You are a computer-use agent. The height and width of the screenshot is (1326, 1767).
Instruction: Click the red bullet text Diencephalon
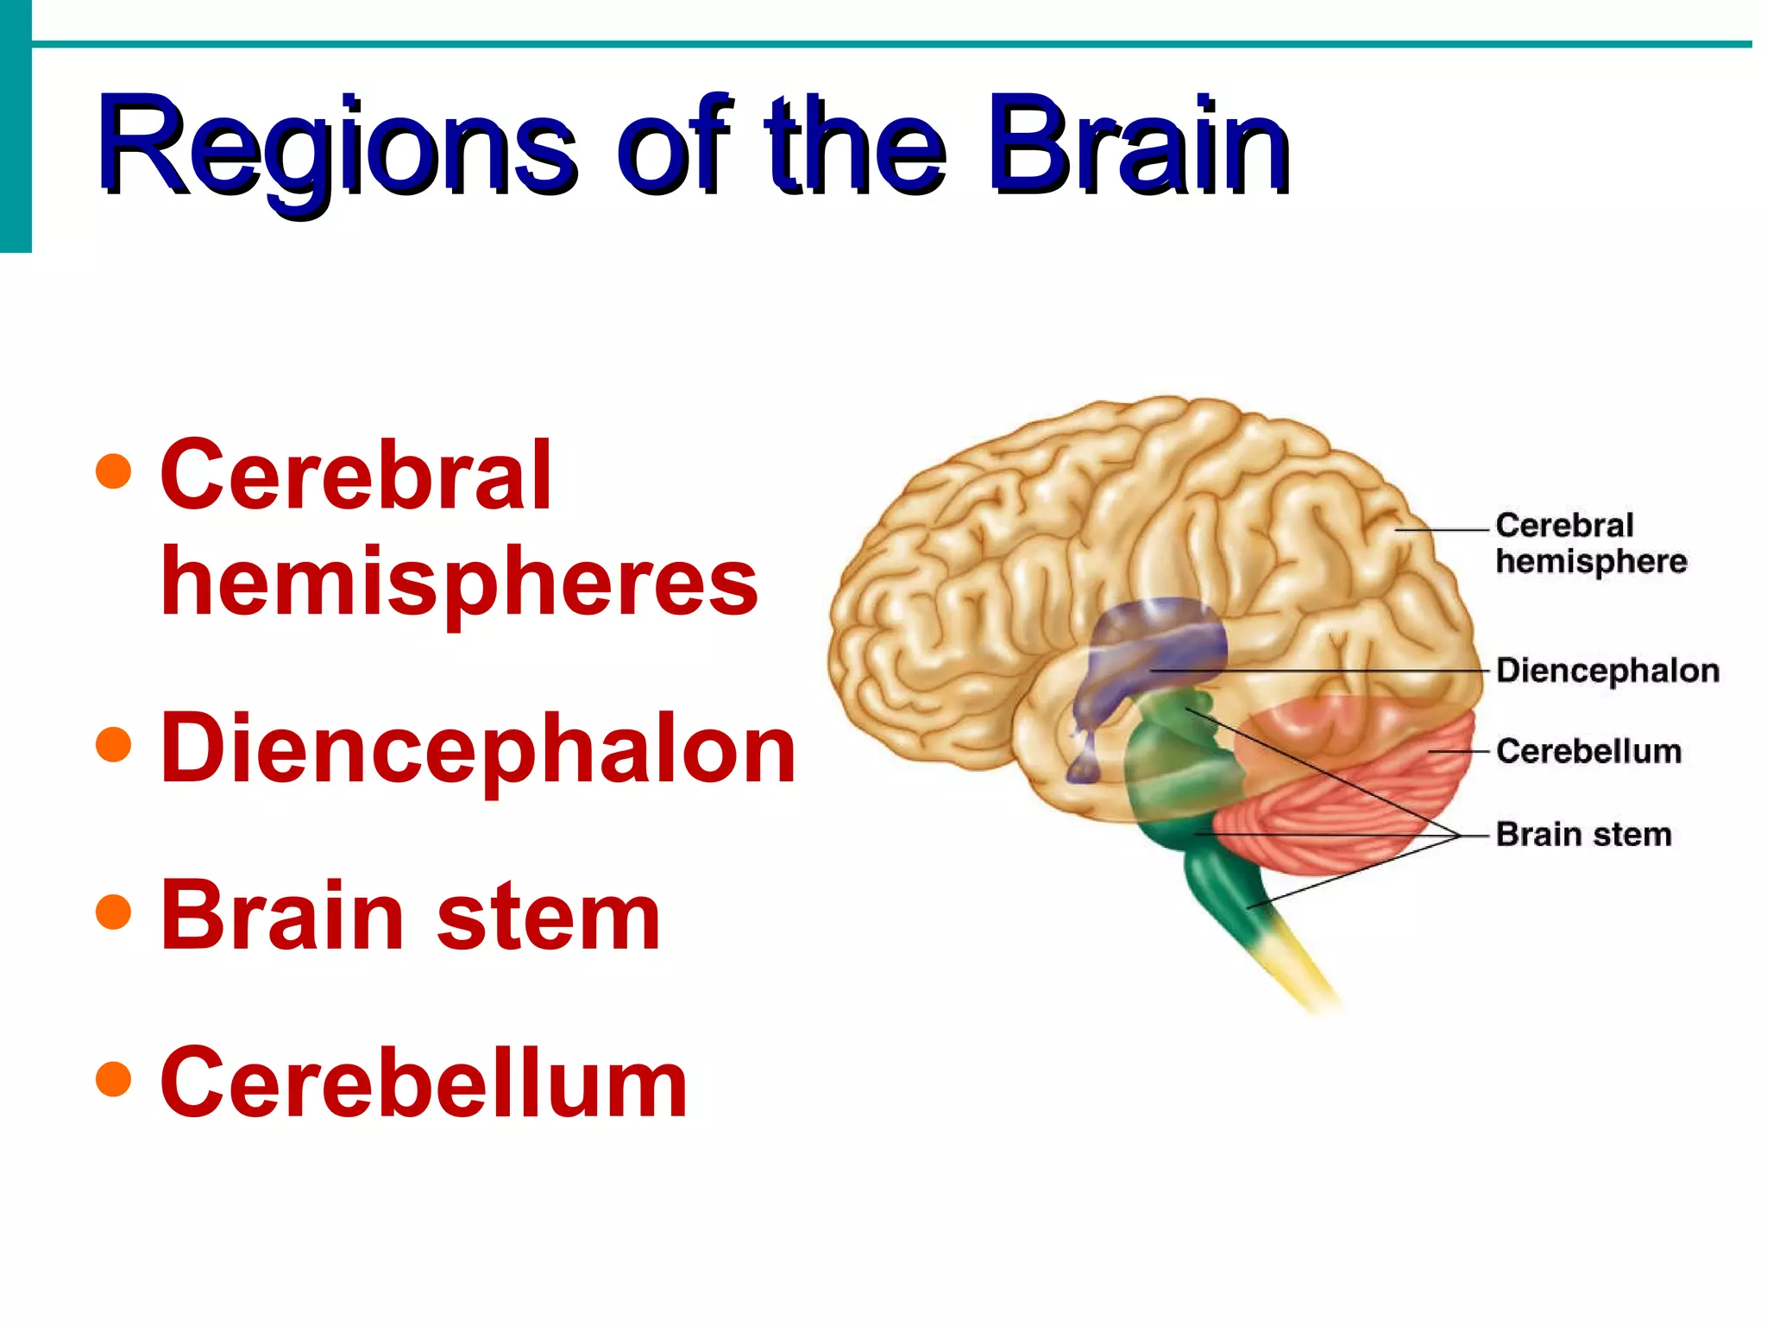(x=478, y=749)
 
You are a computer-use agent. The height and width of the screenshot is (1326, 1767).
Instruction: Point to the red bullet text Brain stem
(x=411, y=915)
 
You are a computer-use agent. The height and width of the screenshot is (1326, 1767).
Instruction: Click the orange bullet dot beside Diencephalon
(x=114, y=744)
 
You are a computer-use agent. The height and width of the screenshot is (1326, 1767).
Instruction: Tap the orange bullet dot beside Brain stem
(x=114, y=912)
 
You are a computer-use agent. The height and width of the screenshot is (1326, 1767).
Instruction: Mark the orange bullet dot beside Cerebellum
(x=114, y=1078)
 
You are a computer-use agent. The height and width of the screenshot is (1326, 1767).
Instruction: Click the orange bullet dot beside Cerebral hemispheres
(x=114, y=471)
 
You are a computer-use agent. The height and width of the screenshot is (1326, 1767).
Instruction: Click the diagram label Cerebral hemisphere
(x=1589, y=543)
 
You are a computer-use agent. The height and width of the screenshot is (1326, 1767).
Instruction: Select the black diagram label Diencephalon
(x=1607, y=671)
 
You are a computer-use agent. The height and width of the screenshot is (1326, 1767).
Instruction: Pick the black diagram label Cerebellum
(x=1588, y=751)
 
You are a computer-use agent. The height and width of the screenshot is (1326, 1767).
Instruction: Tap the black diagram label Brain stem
(x=1583, y=835)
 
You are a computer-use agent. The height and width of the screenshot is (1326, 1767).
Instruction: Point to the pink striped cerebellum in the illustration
(x=1346, y=803)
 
